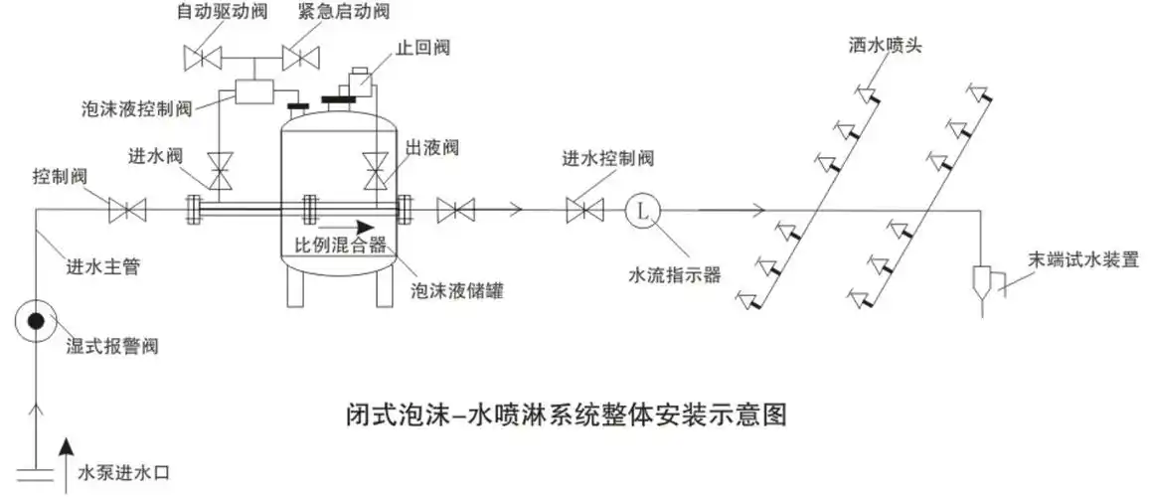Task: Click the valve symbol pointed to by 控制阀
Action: click(127, 210)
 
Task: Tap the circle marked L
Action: click(642, 210)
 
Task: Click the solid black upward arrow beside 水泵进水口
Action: click(67, 460)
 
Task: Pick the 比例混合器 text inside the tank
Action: click(340, 246)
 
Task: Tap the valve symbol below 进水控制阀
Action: click(583, 210)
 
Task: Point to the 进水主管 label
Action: click(103, 266)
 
